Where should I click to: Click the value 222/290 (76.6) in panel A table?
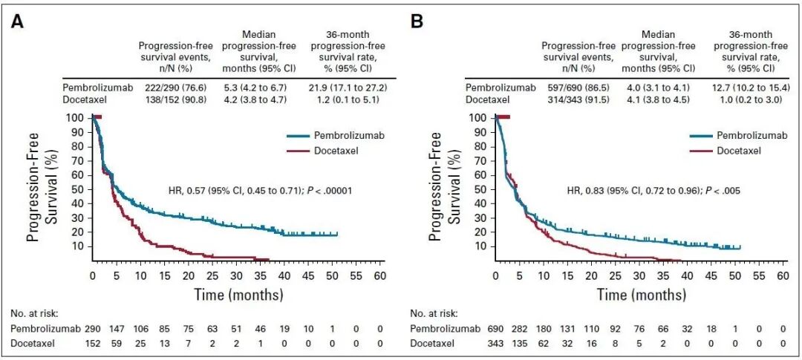tap(175, 87)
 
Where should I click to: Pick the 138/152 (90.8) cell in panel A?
tap(175, 99)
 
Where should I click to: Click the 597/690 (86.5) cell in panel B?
tap(578, 87)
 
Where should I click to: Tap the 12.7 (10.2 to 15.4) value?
tap(751, 87)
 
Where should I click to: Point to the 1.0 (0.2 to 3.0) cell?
tap(751, 99)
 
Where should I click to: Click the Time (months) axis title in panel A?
tap(238, 295)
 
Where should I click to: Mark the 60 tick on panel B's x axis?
tap(783, 276)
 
